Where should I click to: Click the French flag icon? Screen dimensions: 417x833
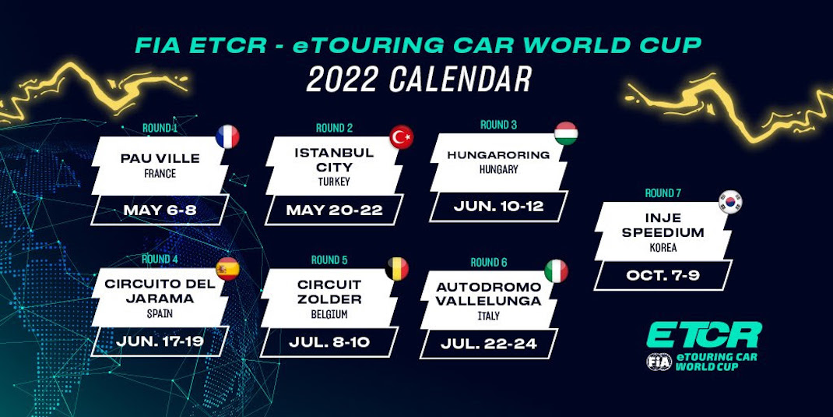tap(227, 137)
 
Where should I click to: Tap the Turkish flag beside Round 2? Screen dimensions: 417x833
tap(401, 137)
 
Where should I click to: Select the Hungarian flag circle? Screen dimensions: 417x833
tap(566, 133)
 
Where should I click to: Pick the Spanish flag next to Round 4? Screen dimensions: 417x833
tap(227, 269)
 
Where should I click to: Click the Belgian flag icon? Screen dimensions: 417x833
tap(397, 269)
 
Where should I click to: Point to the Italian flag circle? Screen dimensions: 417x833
tap(556, 271)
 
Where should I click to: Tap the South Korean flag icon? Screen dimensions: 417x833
tap(730, 202)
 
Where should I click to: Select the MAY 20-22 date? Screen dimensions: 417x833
tap(334, 210)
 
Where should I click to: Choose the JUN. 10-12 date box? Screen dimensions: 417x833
tap(498, 207)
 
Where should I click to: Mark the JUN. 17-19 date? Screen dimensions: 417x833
tap(160, 341)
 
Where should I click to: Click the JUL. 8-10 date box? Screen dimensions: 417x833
tap(329, 341)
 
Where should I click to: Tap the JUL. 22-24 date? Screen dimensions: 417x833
tap(488, 344)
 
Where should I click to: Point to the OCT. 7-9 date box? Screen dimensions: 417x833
tap(663, 275)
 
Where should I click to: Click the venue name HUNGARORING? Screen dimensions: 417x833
tap(498, 155)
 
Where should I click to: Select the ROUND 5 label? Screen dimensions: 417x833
tap(329, 260)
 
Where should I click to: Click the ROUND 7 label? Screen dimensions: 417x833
tap(663, 193)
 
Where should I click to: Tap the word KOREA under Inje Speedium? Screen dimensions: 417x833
tap(663, 248)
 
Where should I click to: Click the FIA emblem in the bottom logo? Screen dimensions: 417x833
tap(659, 361)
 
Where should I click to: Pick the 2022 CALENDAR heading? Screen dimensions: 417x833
tap(419, 80)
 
